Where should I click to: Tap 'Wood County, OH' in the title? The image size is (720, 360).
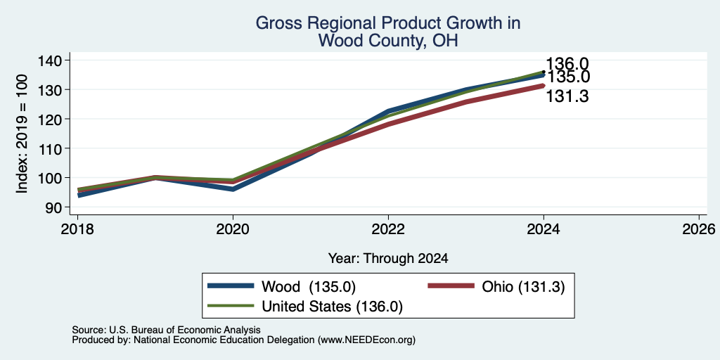(x=388, y=40)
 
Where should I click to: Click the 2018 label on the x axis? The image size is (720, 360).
(x=77, y=229)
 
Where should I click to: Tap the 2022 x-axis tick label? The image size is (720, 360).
(x=388, y=229)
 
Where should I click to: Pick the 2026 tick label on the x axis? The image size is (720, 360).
(x=699, y=229)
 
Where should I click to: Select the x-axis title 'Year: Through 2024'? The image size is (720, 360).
(x=388, y=259)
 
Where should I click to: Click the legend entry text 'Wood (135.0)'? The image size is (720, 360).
(x=309, y=287)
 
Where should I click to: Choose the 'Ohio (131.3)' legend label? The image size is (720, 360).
(x=523, y=287)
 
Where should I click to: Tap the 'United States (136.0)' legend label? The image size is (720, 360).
(x=332, y=307)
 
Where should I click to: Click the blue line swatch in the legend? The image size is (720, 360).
(x=231, y=286)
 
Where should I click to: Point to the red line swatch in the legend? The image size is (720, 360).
(x=451, y=286)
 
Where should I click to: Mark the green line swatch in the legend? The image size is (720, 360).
(x=231, y=305)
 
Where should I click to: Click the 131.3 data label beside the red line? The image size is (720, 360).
(x=567, y=96)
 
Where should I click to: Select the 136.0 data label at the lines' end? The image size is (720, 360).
(x=567, y=64)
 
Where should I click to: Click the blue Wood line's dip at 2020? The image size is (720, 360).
(x=233, y=189)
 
